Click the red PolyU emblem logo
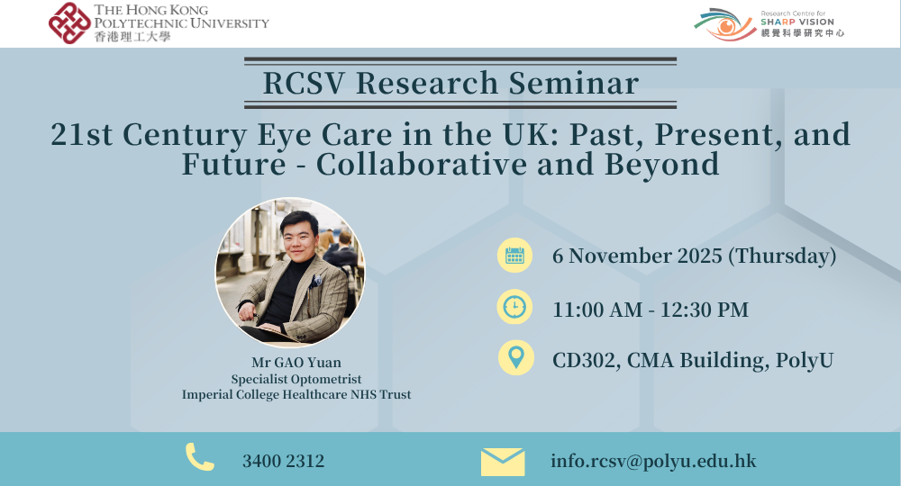[69, 22]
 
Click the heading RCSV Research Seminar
[450, 83]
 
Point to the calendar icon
[514, 256]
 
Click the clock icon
[514, 308]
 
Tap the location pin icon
[514, 358]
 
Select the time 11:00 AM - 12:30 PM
[651, 310]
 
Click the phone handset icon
[199, 458]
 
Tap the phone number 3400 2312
[283, 461]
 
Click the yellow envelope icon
[502, 461]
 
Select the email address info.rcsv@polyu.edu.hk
[653, 461]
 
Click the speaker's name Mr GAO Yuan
[296, 364]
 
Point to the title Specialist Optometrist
[296, 380]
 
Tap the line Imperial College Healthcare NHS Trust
[296, 394]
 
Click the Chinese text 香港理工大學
[131, 37]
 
